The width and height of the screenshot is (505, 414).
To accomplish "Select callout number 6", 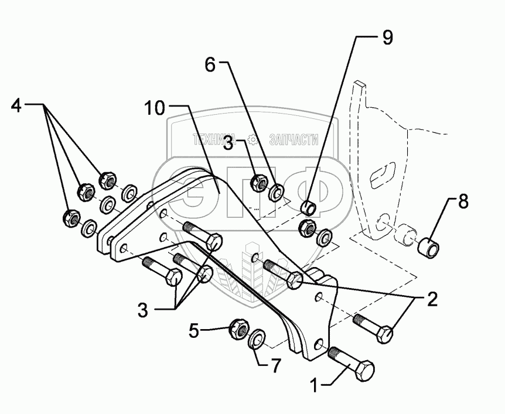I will [210, 65].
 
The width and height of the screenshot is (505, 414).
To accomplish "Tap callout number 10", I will [156, 109].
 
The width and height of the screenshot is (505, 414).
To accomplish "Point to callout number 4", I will [16, 107].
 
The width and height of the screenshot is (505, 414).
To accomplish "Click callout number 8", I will [463, 203].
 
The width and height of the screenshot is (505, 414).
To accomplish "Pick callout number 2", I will [431, 300].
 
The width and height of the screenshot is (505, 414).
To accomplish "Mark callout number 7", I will [273, 365].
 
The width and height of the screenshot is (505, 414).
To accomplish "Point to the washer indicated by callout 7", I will [257, 338].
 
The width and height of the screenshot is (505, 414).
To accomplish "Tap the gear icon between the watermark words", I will [253, 139].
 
